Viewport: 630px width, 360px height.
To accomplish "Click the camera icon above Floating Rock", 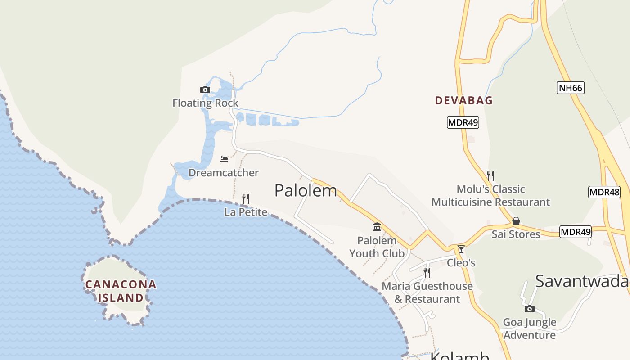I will point(205,90).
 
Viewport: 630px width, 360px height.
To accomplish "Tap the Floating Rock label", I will point(205,103).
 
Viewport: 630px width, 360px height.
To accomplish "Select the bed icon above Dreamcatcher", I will point(224,159).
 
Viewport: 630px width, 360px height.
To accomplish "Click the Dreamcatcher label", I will point(224,173).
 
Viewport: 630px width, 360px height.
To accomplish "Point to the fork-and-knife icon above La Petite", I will point(246,198).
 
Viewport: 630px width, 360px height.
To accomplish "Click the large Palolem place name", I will point(306,190).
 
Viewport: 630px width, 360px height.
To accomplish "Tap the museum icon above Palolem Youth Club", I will point(377,227).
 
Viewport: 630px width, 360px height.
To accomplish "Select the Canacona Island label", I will point(121,291).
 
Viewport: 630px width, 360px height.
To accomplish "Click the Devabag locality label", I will point(464,100).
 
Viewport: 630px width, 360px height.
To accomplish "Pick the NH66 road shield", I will point(571,88).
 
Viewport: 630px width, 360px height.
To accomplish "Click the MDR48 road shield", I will point(604,193).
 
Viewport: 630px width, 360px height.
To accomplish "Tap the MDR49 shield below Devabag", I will point(463,122).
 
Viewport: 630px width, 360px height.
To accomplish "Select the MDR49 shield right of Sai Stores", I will point(576,232).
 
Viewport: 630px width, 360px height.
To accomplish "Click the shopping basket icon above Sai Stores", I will point(516,221).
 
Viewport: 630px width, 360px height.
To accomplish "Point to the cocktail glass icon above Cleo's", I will point(461,249).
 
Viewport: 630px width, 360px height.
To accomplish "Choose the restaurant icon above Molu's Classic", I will point(490,175).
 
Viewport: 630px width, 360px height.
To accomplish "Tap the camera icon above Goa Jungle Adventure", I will point(530,309).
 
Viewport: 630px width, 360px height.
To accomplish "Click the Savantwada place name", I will point(582,281).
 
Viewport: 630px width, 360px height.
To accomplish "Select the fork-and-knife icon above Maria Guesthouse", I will point(427,272).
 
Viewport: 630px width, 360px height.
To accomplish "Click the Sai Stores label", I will point(516,234).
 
